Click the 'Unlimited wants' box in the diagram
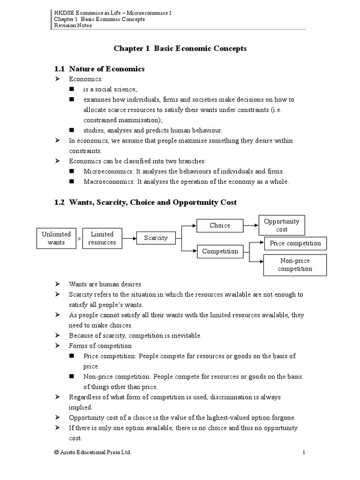[x=56, y=238]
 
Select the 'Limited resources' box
[x=102, y=238]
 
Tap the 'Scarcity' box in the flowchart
[x=156, y=238]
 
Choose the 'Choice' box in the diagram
[x=220, y=225]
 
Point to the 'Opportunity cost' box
[x=282, y=225]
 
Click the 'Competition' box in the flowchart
[x=220, y=251]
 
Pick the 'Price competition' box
[x=295, y=243]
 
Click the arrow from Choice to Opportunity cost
[x=251, y=225]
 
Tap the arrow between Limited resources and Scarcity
[x=129, y=238]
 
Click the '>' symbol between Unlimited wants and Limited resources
[x=79, y=239]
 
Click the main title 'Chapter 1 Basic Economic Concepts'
[x=180, y=48]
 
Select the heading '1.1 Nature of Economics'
[x=100, y=69]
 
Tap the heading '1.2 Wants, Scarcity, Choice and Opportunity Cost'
[x=146, y=202]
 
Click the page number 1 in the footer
[x=304, y=452]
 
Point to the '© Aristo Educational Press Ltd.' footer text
[x=93, y=452]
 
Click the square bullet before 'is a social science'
[x=72, y=89]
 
